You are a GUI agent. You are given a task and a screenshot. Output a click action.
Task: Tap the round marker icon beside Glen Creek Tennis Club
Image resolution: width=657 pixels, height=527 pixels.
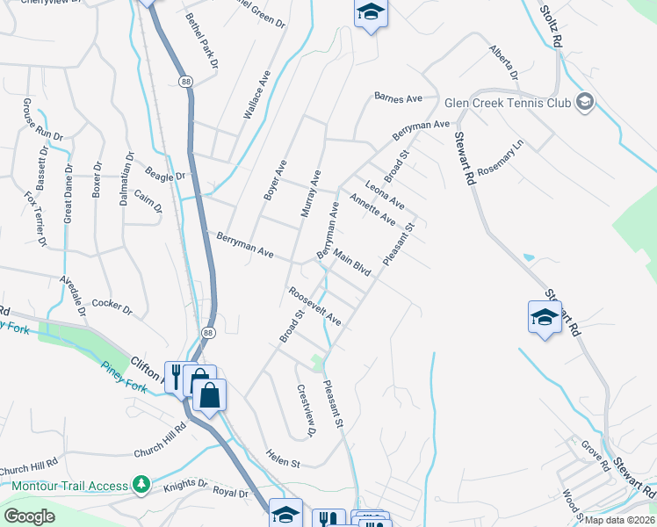pos(585,104)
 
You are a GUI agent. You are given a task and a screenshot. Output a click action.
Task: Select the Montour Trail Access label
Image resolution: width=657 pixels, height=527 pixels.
pos(70,486)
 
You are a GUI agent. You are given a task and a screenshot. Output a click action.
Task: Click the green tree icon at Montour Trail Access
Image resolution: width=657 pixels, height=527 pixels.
pos(141,485)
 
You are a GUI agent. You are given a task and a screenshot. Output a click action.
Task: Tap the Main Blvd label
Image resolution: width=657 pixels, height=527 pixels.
pos(350,263)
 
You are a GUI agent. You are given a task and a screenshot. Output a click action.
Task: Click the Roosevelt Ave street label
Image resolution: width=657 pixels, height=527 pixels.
pos(314,305)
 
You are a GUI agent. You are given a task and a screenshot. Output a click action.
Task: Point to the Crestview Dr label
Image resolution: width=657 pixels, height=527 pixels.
pos(306,411)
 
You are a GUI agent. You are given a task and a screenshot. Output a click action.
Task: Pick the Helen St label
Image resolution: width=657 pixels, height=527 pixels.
pos(283,458)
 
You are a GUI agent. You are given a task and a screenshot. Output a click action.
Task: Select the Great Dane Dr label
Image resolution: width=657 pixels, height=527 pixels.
pos(68,205)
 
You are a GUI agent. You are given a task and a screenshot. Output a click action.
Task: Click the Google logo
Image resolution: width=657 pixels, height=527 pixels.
pos(29,516)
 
